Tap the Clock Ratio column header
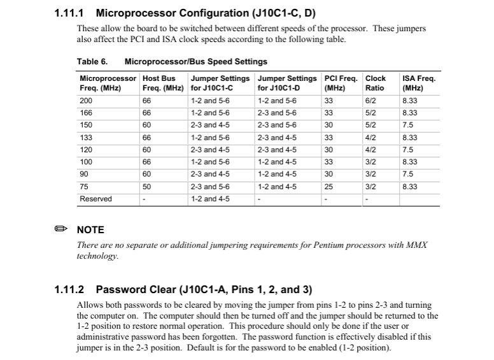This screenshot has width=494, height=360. click(x=376, y=83)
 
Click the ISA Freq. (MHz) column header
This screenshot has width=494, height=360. click(x=419, y=83)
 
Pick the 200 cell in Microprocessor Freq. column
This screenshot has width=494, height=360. click(x=86, y=101)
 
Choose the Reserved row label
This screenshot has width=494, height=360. click(x=95, y=199)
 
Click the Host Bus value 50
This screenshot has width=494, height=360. click(x=146, y=187)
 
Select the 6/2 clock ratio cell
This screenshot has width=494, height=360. click(x=370, y=101)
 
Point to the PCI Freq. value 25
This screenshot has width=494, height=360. click(x=328, y=187)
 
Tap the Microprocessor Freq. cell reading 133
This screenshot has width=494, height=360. click(x=86, y=138)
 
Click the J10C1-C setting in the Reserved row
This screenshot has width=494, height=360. click(x=210, y=199)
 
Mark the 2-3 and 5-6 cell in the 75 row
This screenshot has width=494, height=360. click(x=210, y=187)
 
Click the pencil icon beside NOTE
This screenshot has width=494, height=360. click(x=61, y=229)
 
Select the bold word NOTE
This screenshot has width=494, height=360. click(x=90, y=230)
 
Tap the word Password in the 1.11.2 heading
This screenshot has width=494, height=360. click(x=120, y=290)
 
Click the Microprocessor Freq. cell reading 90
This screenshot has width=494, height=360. click(x=84, y=174)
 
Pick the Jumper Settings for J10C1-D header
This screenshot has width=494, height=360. click(x=286, y=83)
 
